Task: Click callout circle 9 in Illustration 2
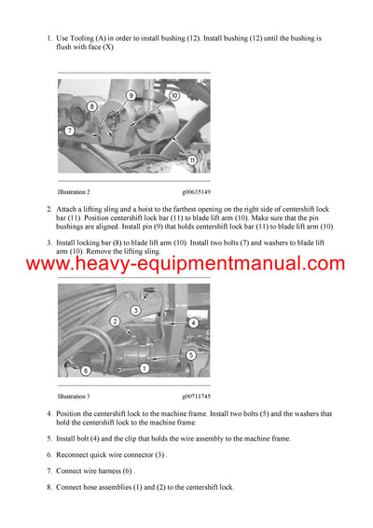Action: click(x=131, y=95)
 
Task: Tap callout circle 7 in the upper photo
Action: click(x=70, y=130)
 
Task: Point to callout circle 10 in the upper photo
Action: click(x=173, y=95)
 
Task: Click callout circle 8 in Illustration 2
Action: click(x=91, y=107)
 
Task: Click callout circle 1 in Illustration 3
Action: click(x=145, y=369)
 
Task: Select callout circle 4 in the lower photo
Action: click(x=193, y=322)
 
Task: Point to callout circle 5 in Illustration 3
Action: click(x=190, y=355)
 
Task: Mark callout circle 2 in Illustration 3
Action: click(x=116, y=321)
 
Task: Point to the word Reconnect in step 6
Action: click(x=77, y=454)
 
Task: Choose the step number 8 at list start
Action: click(x=48, y=487)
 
